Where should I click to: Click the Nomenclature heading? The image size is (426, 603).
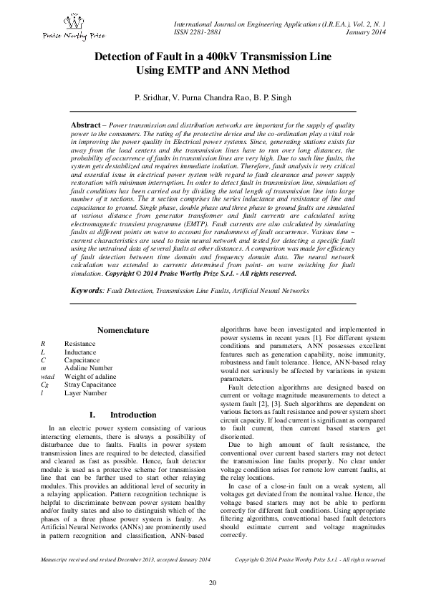[122, 330]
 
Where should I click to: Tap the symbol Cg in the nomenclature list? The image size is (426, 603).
[44, 385]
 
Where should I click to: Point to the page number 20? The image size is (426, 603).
[213, 582]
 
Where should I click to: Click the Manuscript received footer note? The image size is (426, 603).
[125, 558]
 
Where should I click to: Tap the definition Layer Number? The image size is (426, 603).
[85, 393]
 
